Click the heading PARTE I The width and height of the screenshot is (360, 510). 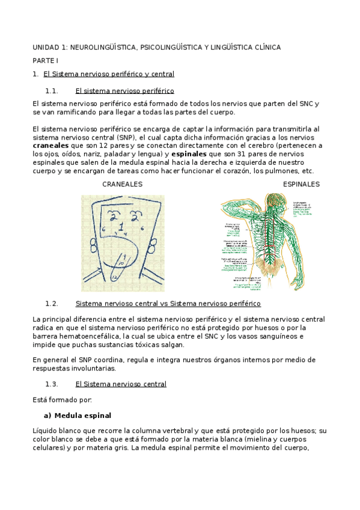click(x=45, y=61)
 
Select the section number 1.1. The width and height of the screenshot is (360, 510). click(x=52, y=91)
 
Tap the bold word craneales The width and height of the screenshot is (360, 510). click(x=50, y=146)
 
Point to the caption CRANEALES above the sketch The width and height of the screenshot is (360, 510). click(x=122, y=184)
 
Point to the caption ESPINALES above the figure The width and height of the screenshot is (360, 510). click(x=301, y=184)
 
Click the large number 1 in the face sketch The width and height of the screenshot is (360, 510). click(x=121, y=228)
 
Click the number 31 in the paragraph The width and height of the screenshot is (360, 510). click(x=237, y=154)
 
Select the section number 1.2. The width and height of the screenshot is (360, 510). click(x=52, y=304)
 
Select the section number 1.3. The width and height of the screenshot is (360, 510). click(x=52, y=384)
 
